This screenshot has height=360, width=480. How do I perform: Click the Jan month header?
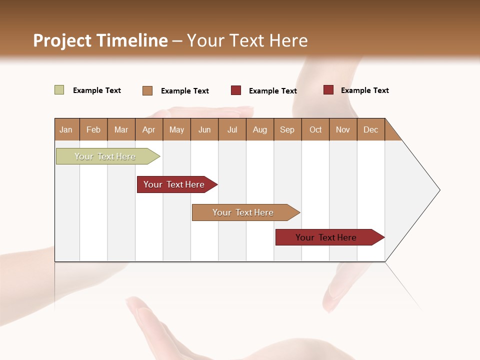tap(66, 129)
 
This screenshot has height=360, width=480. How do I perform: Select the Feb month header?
tap(93, 129)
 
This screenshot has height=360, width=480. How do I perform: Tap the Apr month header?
tap(148, 129)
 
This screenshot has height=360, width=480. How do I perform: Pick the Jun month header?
tap(204, 129)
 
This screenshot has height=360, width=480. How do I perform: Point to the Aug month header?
tap(260, 129)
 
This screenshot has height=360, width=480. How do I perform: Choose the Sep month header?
tap(287, 129)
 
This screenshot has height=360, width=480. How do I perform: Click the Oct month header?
tap(315, 129)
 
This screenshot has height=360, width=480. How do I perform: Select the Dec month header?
tap(370, 129)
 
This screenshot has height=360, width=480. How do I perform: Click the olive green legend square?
tap(59, 90)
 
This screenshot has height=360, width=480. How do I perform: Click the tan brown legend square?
tap(147, 90)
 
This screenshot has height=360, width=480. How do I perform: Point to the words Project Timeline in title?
tap(100, 40)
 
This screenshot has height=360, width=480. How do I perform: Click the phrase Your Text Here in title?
tap(247, 40)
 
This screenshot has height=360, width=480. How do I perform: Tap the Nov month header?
tap(342, 129)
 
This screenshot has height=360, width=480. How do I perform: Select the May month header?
tap(176, 129)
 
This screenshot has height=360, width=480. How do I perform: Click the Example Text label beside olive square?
tap(97, 90)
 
